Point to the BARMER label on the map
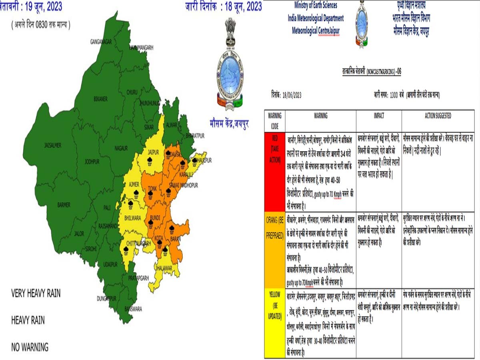point(64,205)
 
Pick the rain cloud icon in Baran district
point(172,230)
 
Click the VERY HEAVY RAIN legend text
point(36,293)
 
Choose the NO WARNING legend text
point(30,347)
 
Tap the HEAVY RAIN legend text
point(28,320)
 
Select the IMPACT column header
point(378,116)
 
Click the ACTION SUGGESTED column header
point(438,116)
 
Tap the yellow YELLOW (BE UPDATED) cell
point(274,306)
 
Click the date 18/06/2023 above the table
point(292,95)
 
